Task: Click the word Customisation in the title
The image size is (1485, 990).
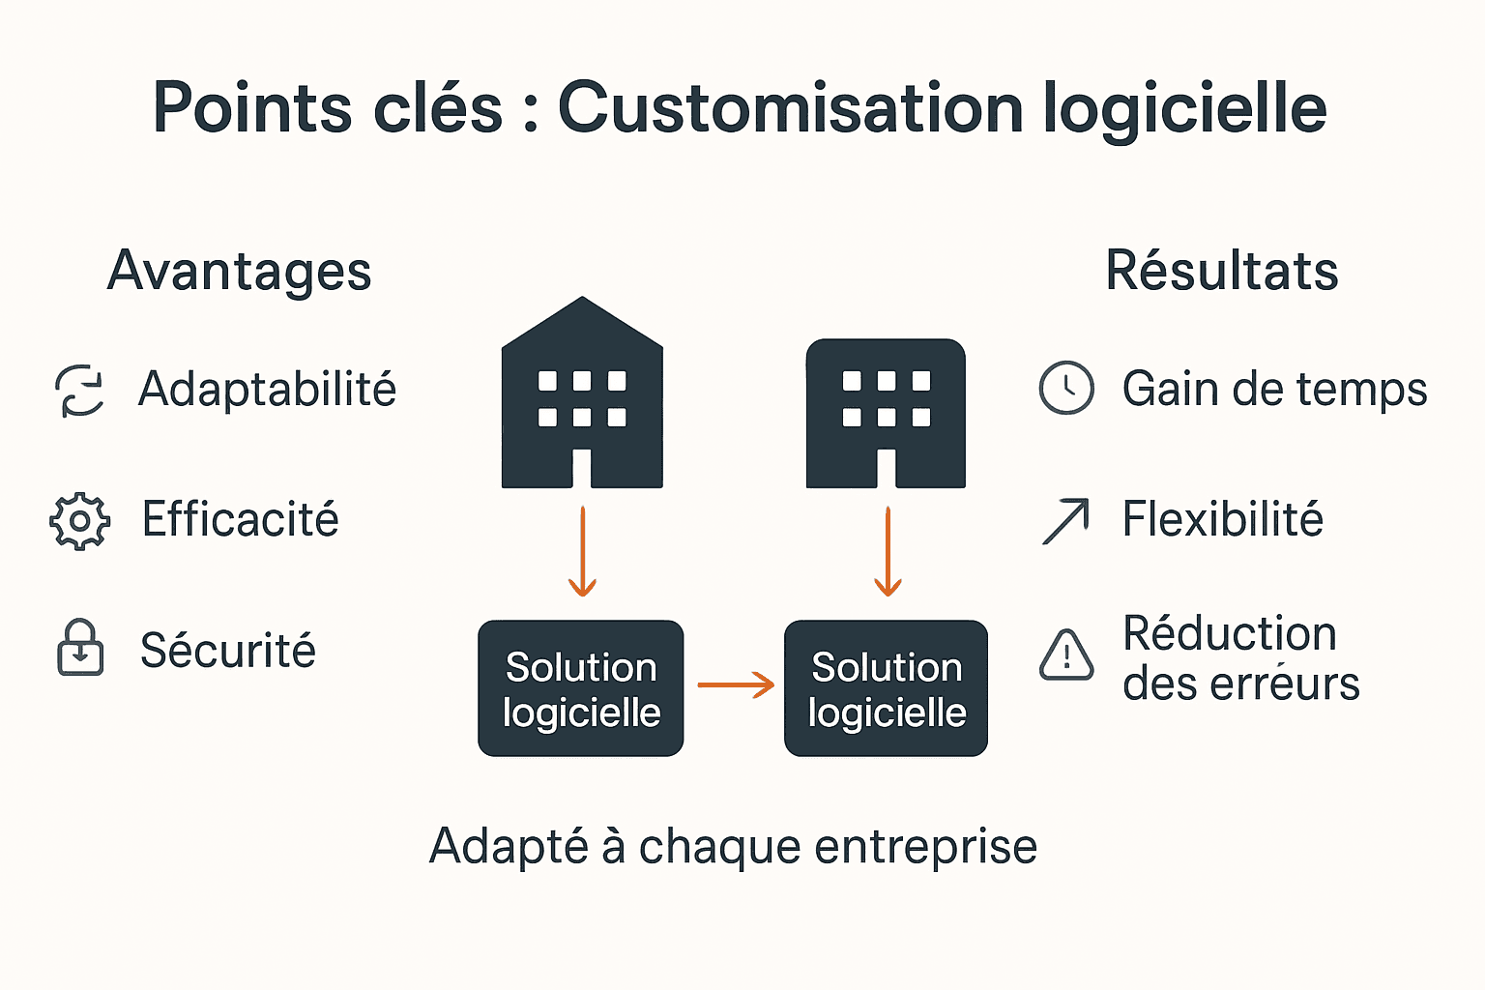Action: click(x=790, y=107)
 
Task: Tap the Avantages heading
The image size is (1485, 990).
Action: click(x=239, y=271)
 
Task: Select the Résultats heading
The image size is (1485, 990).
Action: click(x=1221, y=271)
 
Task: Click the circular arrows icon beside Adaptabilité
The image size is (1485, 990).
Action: click(x=79, y=391)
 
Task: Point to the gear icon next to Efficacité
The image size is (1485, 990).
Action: click(x=79, y=521)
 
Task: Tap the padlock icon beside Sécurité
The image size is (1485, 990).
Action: click(x=80, y=648)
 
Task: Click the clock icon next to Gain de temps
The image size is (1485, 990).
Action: click(x=1065, y=389)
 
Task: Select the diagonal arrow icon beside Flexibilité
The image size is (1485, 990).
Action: click(x=1065, y=521)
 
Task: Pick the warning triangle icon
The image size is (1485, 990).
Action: click(x=1065, y=655)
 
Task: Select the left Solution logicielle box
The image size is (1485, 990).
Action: click(x=581, y=688)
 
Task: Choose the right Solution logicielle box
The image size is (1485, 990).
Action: click(x=886, y=688)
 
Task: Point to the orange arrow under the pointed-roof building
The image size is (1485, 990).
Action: click(x=582, y=551)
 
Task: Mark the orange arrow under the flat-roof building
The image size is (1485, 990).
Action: click(x=888, y=551)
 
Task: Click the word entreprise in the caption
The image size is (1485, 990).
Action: click(x=925, y=847)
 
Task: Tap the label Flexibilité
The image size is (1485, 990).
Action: click(x=1222, y=520)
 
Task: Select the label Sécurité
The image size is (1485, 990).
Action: click(x=228, y=651)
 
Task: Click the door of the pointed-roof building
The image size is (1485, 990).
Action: click(x=582, y=469)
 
